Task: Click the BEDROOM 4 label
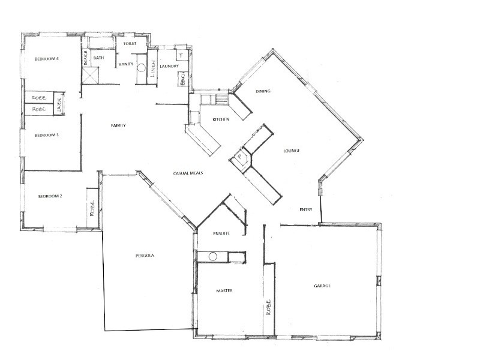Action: click(x=46, y=59)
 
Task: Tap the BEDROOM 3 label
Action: click(x=46, y=135)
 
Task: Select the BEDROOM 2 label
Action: click(x=50, y=196)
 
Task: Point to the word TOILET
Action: click(x=130, y=44)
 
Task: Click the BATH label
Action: click(x=99, y=58)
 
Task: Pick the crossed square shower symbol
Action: click(x=91, y=75)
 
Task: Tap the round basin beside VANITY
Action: click(x=142, y=68)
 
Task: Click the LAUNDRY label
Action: click(x=169, y=66)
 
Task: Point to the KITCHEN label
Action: click(x=221, y=120)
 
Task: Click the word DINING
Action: click(x=263, y=91)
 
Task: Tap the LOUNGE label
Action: click(x=290, y=151)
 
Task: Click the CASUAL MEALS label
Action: click(x=188, y=172)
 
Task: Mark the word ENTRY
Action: click(x=307, y=209)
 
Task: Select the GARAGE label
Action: click(x=322, y=285)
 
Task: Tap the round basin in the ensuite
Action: click(x=212, y=257)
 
